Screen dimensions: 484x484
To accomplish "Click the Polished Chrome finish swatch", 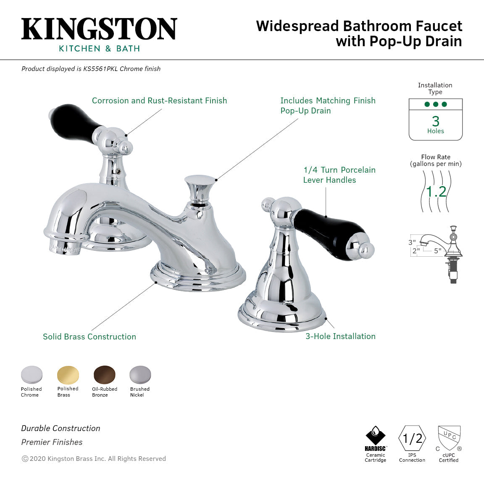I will (32, 374).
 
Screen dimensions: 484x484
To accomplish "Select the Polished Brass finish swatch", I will (68, 374).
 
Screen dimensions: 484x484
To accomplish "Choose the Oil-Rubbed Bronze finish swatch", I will (104, 374).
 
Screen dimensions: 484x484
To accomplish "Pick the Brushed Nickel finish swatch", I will (140, 374).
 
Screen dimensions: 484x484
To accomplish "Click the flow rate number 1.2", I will (436, 192).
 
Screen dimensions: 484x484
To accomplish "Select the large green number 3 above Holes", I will (436, 121).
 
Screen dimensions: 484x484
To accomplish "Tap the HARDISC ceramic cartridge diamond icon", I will (375, 436).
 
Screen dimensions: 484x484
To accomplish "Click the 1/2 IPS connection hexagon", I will (412, 439).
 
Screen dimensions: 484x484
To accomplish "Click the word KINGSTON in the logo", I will (99, 29).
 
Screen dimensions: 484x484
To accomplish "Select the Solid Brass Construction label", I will (89, 337).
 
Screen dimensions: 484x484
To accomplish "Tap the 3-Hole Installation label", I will (340, 336).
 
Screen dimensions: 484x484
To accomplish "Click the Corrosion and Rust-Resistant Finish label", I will (159, 100).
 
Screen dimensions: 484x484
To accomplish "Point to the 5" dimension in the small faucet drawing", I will (437, 251).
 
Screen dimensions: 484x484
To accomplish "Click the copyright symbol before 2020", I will (25, 459).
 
